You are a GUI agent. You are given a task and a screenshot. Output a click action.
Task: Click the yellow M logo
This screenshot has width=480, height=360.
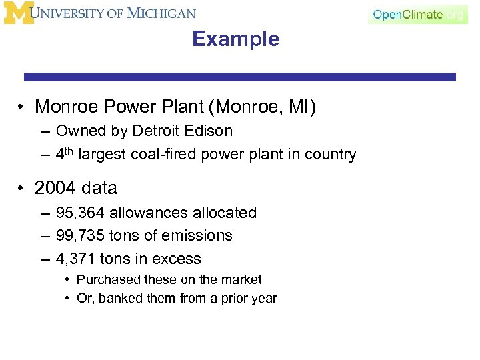19,13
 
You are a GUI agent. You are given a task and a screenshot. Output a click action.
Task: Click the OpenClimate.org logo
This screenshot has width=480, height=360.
417,14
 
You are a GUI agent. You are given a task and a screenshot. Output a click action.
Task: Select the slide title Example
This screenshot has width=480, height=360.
235,39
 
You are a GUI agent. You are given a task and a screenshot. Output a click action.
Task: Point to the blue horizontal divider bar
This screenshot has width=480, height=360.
240,77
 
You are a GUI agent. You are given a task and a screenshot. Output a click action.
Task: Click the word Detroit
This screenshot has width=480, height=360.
159,131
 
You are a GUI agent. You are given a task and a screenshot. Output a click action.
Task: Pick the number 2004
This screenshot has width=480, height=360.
56,189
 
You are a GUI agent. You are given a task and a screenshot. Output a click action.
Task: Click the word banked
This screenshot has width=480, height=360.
121,299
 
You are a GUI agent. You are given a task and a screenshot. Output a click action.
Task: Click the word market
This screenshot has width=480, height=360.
241,280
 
